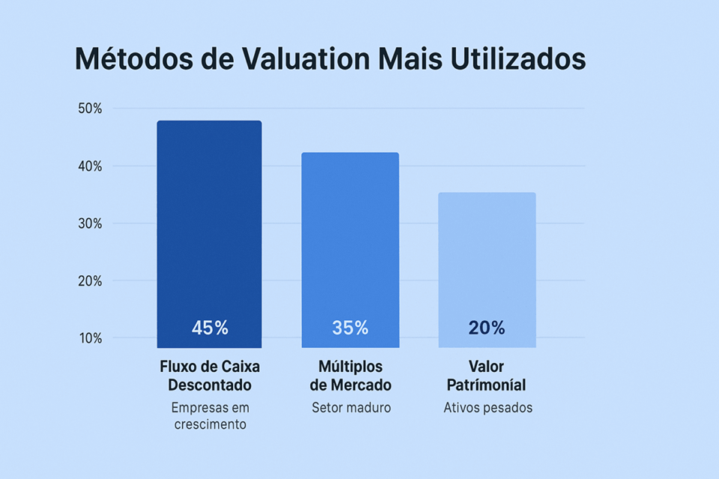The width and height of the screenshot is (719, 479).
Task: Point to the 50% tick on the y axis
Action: tap(90, 109)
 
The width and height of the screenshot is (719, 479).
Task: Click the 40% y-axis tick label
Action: tap(90, 166)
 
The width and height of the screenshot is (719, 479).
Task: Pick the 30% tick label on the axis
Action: tap(90, 224)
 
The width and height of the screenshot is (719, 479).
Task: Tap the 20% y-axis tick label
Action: tap(90, 281)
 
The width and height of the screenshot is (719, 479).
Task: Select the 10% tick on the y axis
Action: tap(90, 338)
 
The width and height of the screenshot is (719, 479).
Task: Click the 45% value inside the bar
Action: tap(210, 328)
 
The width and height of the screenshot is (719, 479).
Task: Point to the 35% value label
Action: tap(350, 328)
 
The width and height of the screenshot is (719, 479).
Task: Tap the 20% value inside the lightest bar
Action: tap(487, 328)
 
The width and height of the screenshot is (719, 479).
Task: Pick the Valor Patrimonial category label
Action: tap(486, 376)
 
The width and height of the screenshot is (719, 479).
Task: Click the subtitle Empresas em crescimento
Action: tap(210, 416)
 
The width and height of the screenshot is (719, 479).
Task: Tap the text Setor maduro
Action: tap(351, 409)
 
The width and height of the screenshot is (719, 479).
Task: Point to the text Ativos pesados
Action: tap(488, 409)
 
